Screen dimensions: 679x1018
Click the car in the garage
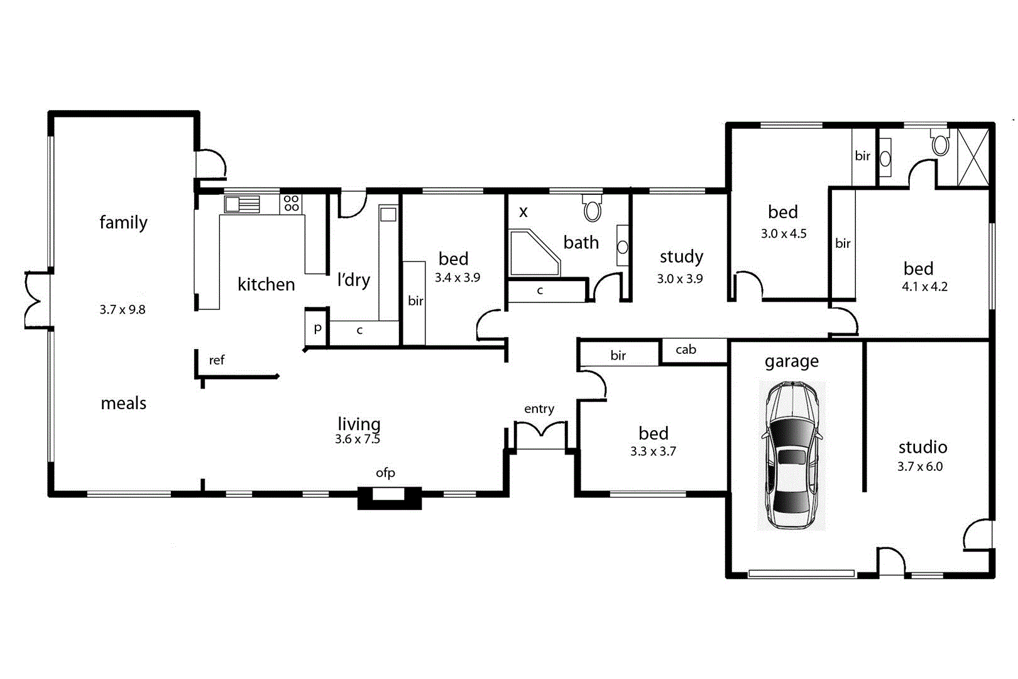point(791,455)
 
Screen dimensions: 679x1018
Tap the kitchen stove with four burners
point(291,203)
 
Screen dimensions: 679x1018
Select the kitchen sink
point(242,204)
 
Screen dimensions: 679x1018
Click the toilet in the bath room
point(592,209)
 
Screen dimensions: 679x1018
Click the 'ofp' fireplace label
point(385,473)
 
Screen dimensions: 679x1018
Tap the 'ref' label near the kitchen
point(216,360)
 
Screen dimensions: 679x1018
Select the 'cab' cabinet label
point(686,350)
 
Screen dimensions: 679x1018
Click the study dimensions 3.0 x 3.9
point(680,279)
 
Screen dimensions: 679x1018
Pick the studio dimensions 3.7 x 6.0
point(920,466)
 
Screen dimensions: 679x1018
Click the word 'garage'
point(791,362)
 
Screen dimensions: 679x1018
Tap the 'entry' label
point(539,409)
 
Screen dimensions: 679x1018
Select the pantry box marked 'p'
point(317,328)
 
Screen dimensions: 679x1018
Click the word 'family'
point(123,223)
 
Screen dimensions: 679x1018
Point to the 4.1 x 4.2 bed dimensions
point(924,287)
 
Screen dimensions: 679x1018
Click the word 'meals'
point(123,404)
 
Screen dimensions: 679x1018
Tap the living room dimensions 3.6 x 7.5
point(357,439)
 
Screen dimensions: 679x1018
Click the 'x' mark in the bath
point(523,212)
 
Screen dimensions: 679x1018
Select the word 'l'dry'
point(353,280)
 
